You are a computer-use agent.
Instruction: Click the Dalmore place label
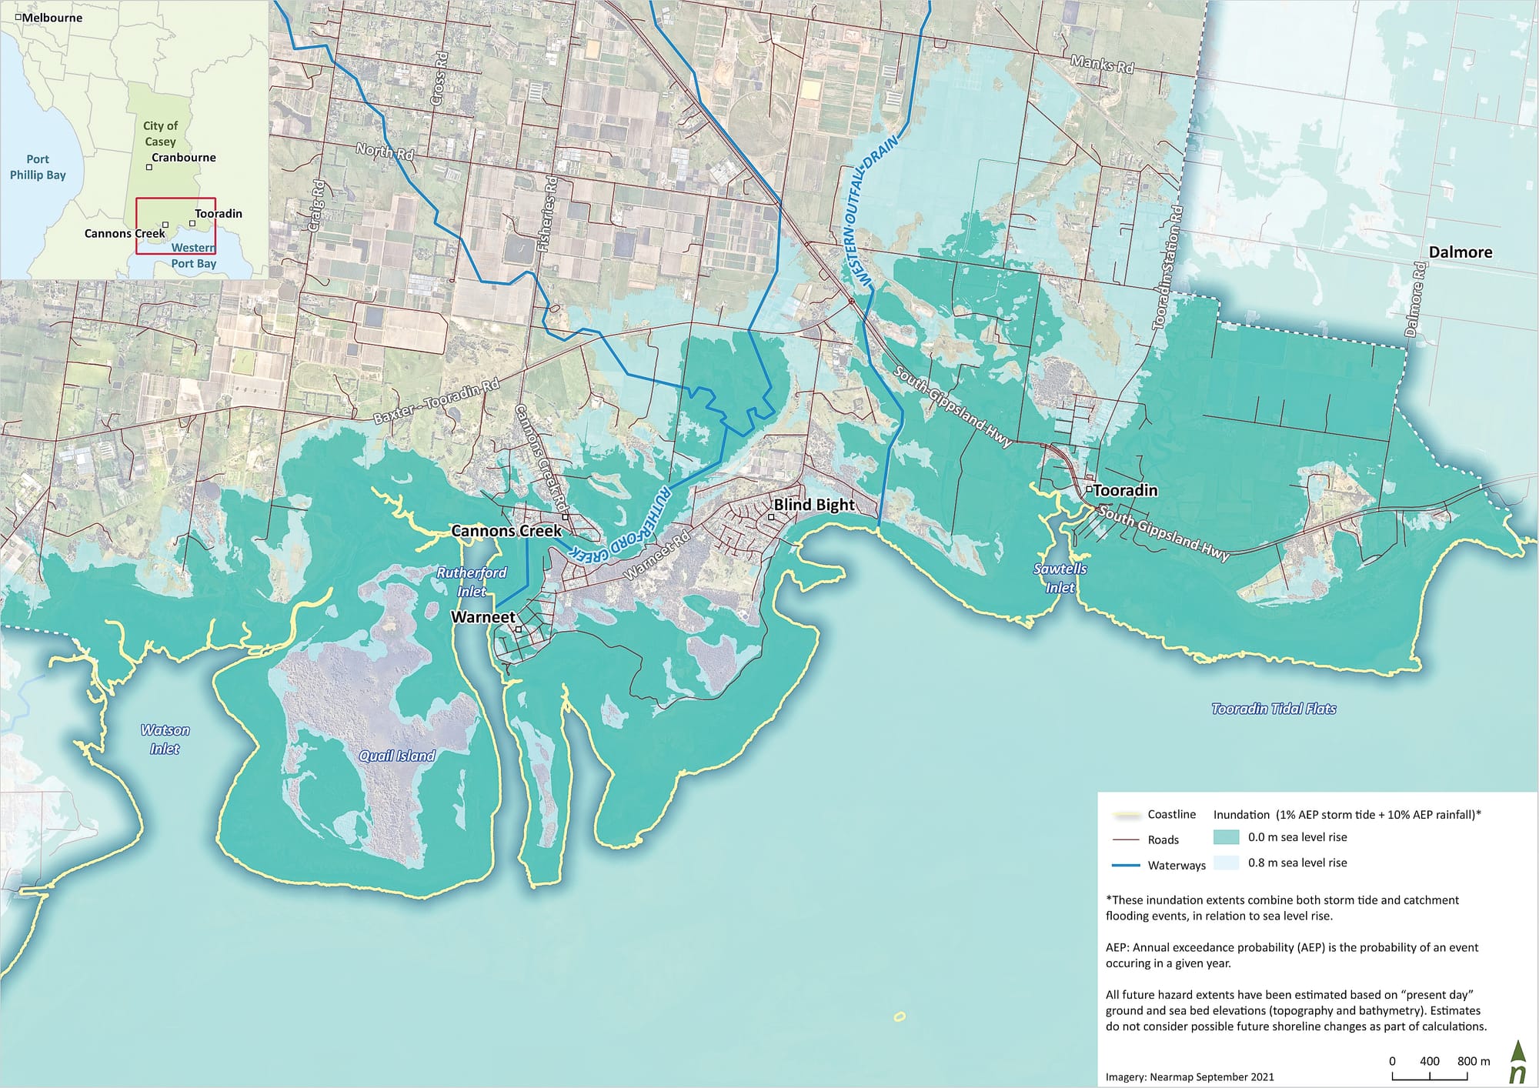(1460, 252)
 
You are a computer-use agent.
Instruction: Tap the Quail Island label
(397, 756)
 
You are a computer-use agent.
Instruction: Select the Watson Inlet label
(165, 739)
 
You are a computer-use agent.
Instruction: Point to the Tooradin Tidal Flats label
(1274, 709)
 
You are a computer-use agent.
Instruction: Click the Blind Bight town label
(814, 505)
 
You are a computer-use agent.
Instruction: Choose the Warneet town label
(482, 617)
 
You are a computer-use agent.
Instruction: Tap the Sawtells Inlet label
(1060, 578)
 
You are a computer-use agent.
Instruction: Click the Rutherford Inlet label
(471, 582)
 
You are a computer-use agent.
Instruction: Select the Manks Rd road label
(1102, 65)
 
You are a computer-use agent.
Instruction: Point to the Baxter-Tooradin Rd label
(436, 402)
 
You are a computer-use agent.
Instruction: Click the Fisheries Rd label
(547, 215)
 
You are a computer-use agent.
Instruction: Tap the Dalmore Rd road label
(1414, 300)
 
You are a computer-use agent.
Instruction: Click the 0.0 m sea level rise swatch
(1226, 837)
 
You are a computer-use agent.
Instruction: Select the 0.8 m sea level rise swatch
(1226, 863)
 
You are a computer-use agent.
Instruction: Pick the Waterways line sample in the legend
(1126, 865)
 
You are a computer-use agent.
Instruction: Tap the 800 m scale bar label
(1473, 1061)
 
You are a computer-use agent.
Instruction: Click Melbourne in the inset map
(52, 18)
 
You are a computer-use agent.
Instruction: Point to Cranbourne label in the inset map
(183, 158)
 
